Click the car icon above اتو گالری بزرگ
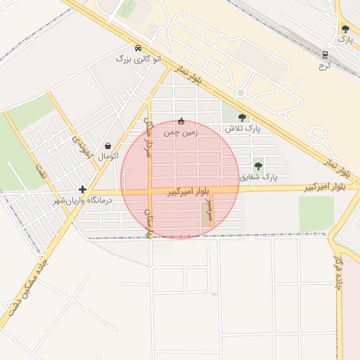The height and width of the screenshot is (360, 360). tap(138, 48)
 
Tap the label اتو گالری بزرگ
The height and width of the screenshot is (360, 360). tap(139, 59)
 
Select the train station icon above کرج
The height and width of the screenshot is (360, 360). tap(325, 55)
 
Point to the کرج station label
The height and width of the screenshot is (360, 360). tap(325, 65)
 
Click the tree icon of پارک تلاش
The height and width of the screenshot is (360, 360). tap(243, 117)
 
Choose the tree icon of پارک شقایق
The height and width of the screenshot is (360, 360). tap(258, 166)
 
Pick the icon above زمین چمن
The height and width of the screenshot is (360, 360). tap(181, 121)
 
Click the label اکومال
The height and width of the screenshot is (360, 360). tap(108, 155)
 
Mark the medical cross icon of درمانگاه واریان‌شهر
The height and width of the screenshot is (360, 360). tap(83, 189)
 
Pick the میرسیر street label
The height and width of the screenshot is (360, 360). tap(208, 207)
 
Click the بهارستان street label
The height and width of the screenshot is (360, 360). tap(148, 220)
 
